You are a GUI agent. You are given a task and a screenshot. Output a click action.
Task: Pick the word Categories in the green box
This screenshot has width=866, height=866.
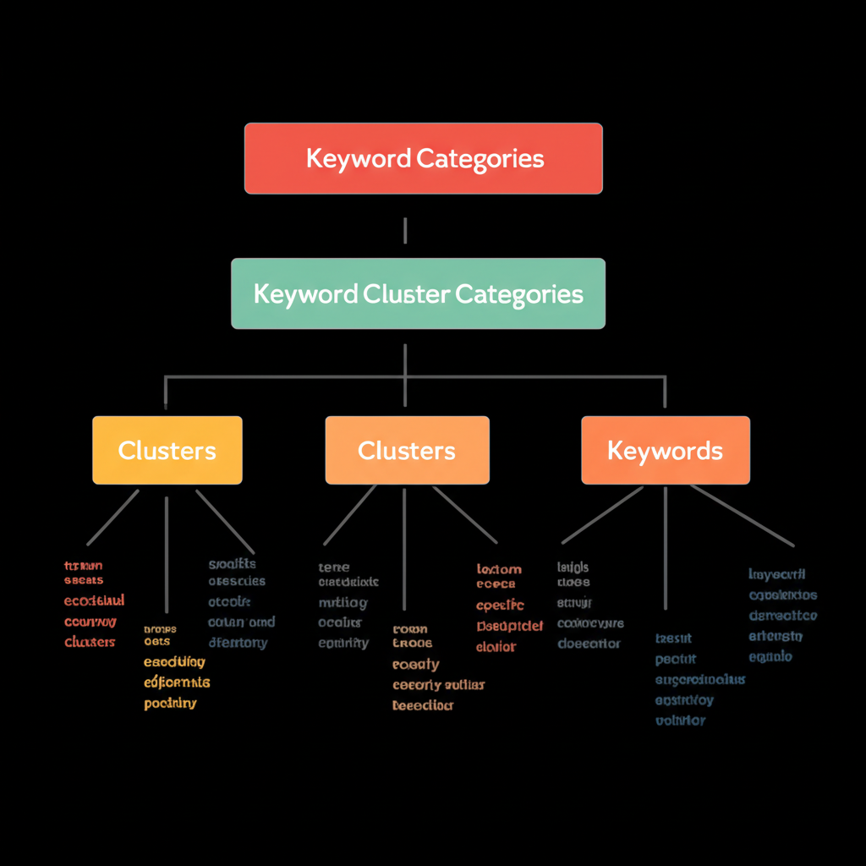coord(519,294)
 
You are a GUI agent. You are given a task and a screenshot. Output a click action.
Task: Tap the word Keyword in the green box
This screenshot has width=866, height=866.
coord(305,294)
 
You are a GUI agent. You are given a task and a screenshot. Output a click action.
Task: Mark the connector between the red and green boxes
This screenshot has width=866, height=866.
coord(406,230)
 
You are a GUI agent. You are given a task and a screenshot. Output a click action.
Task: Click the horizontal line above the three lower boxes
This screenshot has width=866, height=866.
coord(288,377)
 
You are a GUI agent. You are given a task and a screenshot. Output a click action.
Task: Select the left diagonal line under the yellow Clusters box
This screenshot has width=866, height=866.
coord(113,517)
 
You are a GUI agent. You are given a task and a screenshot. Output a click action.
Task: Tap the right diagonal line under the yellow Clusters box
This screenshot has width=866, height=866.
coord(225,521)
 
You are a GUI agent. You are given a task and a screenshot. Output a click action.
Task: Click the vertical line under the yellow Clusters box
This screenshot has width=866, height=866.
coord(167,554)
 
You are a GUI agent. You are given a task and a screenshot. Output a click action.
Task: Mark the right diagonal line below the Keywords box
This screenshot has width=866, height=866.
coord(741,515)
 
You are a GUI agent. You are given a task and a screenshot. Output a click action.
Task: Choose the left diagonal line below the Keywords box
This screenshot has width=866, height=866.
coord(602,515)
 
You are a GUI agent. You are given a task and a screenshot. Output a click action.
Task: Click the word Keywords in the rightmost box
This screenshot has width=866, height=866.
coord(665,451)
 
